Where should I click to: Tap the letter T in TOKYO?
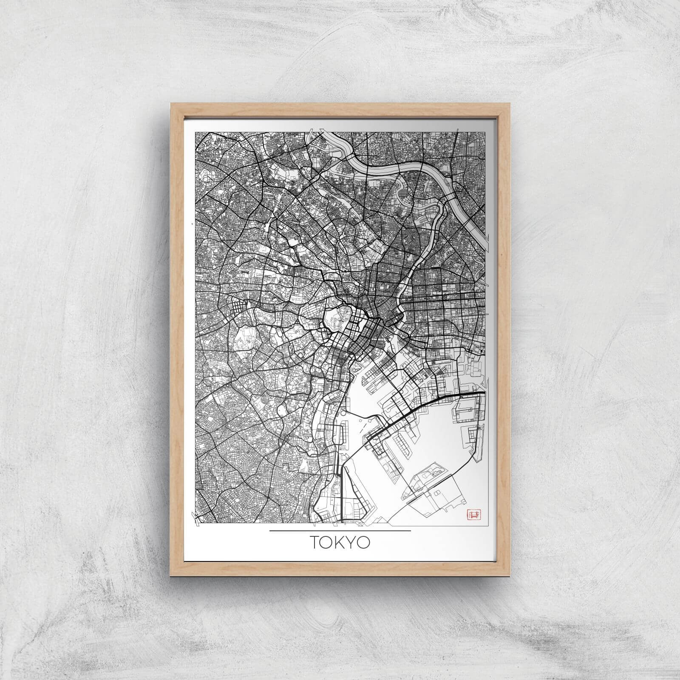[315, 543]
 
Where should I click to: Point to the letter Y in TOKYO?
[352, 543]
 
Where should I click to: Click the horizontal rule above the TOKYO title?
[340, 531]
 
